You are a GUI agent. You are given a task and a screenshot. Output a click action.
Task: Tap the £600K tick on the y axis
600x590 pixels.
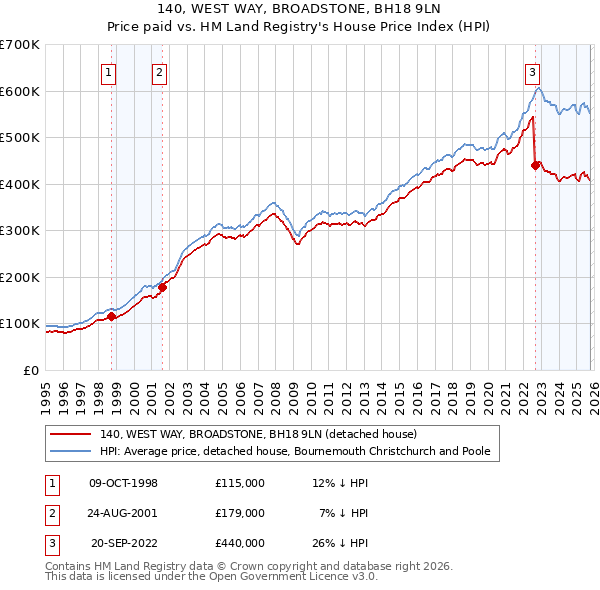tap(20, 91)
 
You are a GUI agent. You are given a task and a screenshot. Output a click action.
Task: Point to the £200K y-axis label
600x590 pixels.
tap(20, 277)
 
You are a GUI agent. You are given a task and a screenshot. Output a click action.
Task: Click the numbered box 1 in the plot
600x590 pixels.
tap(107, 71)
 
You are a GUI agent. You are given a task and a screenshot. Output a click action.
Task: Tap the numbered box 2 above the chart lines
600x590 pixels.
tap(159, 71)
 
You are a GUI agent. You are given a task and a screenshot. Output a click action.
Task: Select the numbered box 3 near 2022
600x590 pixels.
tap(532, 71)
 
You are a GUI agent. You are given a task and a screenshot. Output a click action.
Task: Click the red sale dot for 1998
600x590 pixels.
tap(112, 317)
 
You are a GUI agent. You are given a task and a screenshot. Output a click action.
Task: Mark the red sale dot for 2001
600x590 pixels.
tap(162, 287)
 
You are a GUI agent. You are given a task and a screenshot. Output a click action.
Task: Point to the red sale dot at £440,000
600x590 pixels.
tap(536, 165)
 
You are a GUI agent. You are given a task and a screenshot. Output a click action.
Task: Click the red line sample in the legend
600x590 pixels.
tap(71, 434)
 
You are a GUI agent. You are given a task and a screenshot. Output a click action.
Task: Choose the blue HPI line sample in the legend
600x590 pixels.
tap(71, 451)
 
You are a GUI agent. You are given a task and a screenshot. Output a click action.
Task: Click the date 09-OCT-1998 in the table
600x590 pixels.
tap(123, 483)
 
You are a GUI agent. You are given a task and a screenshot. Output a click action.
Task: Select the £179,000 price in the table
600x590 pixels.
tap(239, 513)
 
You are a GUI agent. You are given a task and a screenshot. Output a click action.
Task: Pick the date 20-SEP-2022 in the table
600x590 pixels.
tap(125, 543)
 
